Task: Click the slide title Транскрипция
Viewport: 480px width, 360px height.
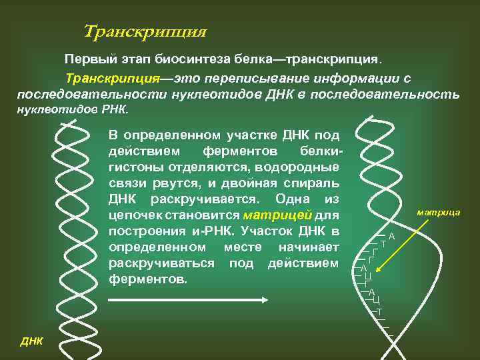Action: point(145,31)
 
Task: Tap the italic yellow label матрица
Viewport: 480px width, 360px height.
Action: point(439,212)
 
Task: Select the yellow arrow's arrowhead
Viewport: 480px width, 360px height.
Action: point(377,272)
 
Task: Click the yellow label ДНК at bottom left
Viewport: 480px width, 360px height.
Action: point(31,341)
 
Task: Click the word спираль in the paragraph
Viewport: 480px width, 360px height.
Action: point(314,183)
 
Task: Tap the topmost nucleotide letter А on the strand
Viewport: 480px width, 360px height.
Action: point(392,236)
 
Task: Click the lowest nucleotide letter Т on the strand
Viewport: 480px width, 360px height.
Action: point(379,311)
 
